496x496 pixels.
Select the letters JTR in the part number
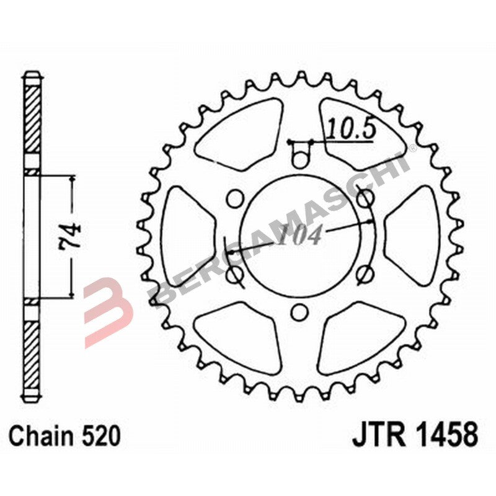[376, 436]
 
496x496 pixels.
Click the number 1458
[443, 436]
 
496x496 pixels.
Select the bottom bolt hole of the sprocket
[300, 311]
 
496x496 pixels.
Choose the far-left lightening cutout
[186, 236]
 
